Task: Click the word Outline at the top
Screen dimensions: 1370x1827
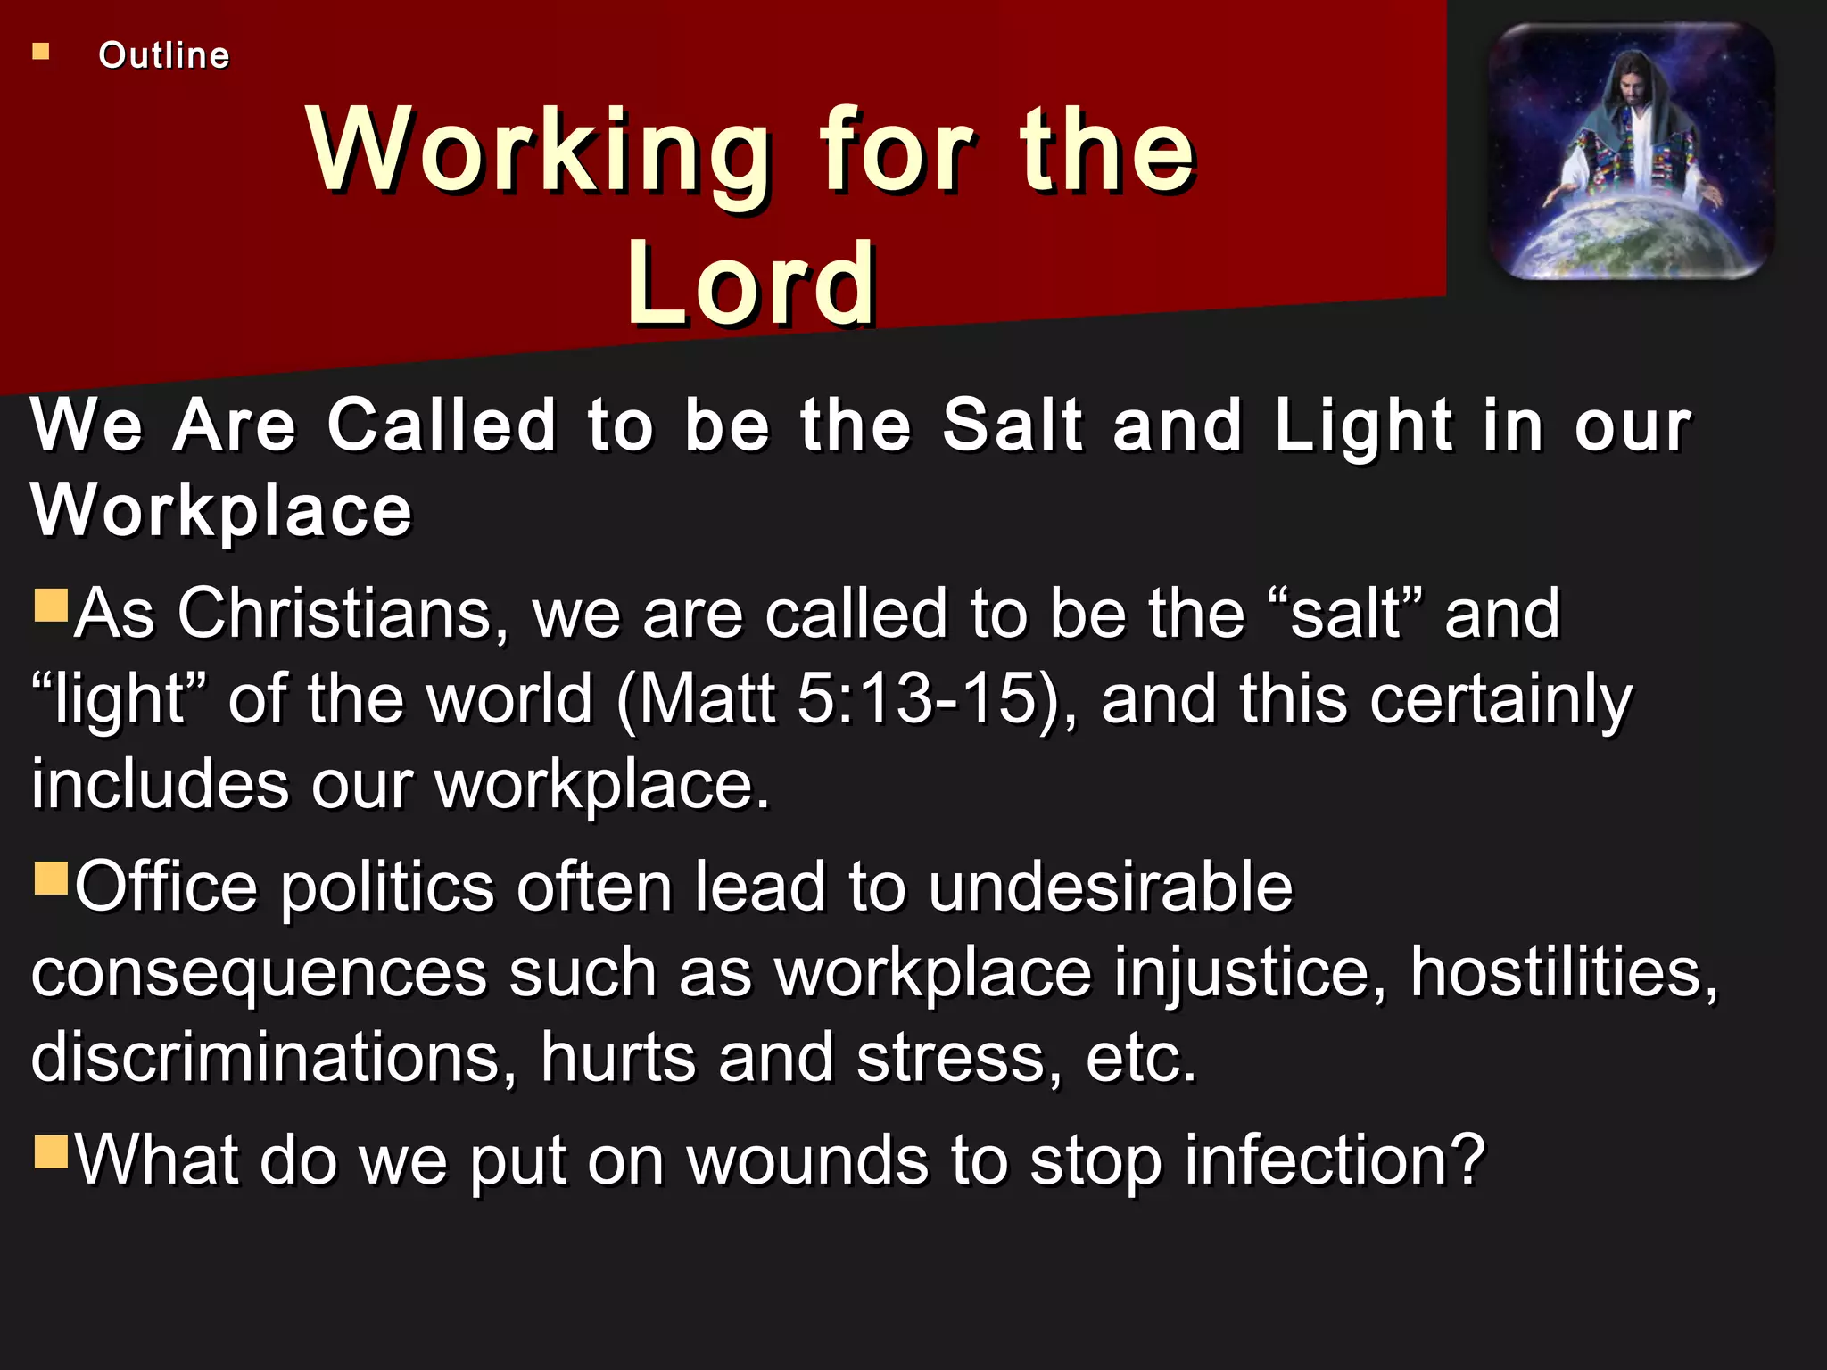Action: click(x=164, y=55)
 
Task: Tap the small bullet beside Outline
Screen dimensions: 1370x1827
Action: click(x=41, y=52)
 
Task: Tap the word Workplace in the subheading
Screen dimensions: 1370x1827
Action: click(x=221, y=510)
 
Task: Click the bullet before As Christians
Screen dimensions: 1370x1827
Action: click(x=51, y=605)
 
